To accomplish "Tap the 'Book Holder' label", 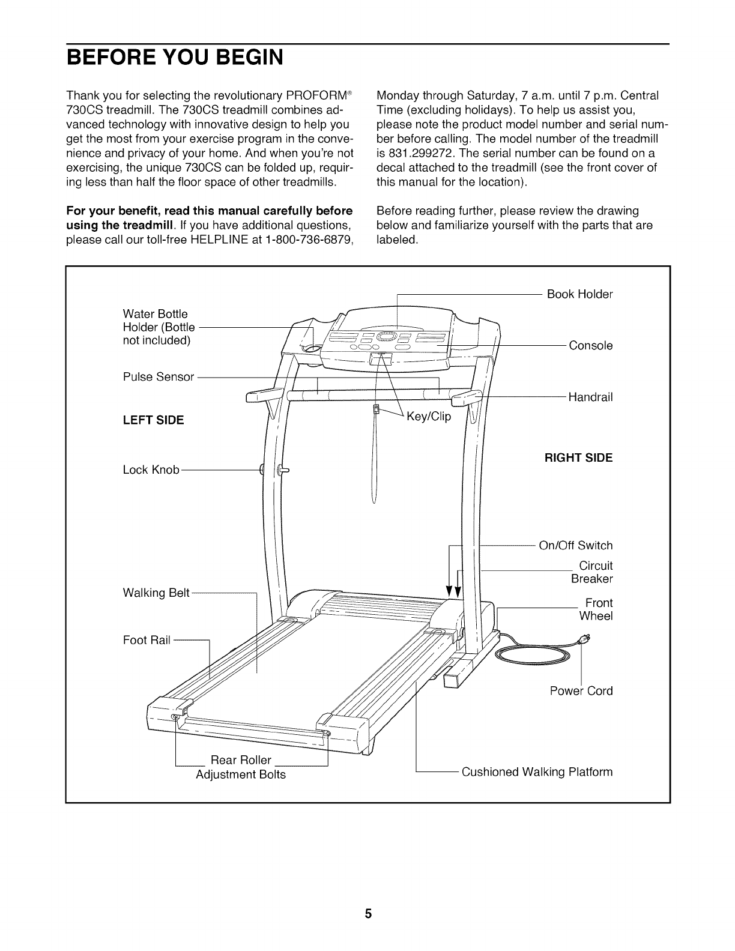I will pyautogui.click(x=579, y=294).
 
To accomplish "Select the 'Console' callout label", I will pyautogui.click(x=590, y=346).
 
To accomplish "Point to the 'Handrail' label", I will pyautogui.click(x=590, y=397).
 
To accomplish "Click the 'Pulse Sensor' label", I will pyautogui.click(x=159, y=377).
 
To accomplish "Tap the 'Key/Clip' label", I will pyautogui.click(x=428, y=417).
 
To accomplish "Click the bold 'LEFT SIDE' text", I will pyautogui.click(x=153, y=420).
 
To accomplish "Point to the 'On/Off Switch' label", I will pyautogui.click(x=575, y=546).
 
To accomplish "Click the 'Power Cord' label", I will pyautogui.click(x=581, y=691).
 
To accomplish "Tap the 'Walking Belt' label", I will pyautogui.click(x=156, y=593).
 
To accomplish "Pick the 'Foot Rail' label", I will pyautogui.click(x=147, y=641).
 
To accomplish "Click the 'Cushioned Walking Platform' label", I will pyautogui.click(x=537, y=771).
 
